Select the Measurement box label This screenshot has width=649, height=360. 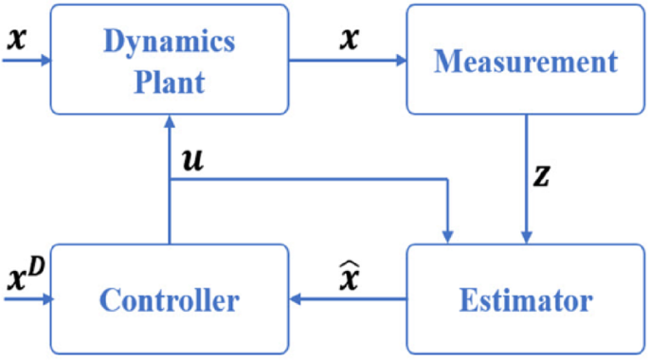click(525, 63)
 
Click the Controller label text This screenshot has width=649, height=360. click(169, 301)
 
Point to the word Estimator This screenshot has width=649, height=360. click(526, 301)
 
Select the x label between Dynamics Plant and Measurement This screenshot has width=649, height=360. click(350, 40)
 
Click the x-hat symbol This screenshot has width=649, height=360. click(349, 277)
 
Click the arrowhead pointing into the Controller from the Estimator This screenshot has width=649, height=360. click(296, 300)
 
